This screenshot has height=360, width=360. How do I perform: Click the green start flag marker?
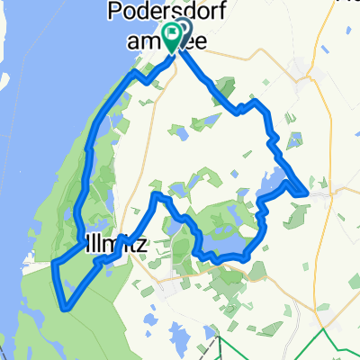click(x=170, y=36)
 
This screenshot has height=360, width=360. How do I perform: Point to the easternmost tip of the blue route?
click(x=308, y=192)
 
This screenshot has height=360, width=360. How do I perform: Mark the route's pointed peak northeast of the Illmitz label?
click(x=157, y=194)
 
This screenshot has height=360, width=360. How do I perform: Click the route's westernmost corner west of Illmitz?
click(x=52, y=264)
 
